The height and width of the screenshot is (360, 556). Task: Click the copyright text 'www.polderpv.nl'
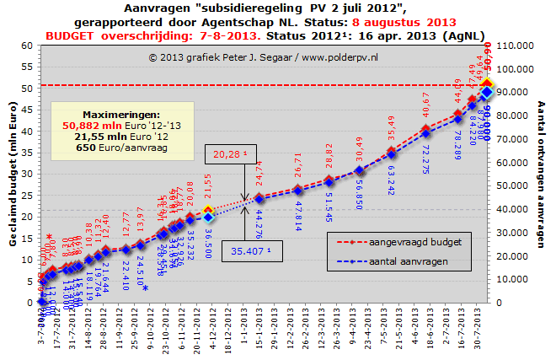[342, 57]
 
